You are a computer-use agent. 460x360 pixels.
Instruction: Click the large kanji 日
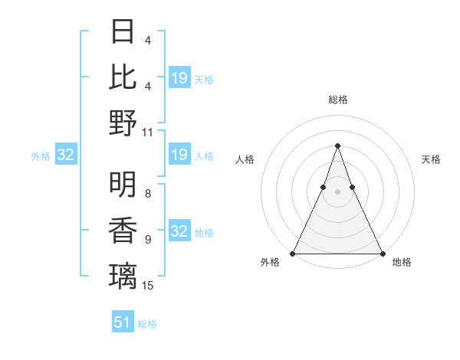coord(123,32)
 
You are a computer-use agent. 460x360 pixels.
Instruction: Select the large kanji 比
coord(123,77)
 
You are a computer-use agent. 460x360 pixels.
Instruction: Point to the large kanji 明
coord(123,183)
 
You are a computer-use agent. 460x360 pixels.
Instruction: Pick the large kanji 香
coord(123,229)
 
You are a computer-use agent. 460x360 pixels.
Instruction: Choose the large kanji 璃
coord(123,274)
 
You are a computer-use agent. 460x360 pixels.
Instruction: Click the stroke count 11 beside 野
coord(148,132)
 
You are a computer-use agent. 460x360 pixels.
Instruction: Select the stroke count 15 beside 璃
coord(148,285)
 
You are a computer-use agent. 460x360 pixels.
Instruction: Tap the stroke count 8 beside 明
coord(148,194)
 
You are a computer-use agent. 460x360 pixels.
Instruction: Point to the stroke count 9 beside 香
coord(148,240)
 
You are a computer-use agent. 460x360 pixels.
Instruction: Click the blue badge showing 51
coord(123,322)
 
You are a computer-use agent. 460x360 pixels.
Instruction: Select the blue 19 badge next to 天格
coord(179,78)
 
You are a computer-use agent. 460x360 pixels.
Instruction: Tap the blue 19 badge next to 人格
coord(179,155)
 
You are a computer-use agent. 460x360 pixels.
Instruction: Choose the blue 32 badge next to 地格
coord(179,231)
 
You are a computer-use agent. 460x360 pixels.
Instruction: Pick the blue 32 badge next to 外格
coord(66,155)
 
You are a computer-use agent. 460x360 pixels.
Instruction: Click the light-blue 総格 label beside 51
coord(147,324)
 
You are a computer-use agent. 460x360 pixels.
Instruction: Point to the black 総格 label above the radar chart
coord(337,100)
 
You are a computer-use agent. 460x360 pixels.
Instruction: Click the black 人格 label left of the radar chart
coord(245,159)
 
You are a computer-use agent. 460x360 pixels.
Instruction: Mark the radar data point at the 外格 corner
coord(293,254)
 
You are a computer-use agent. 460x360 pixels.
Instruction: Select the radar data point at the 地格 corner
coord(382,254)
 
